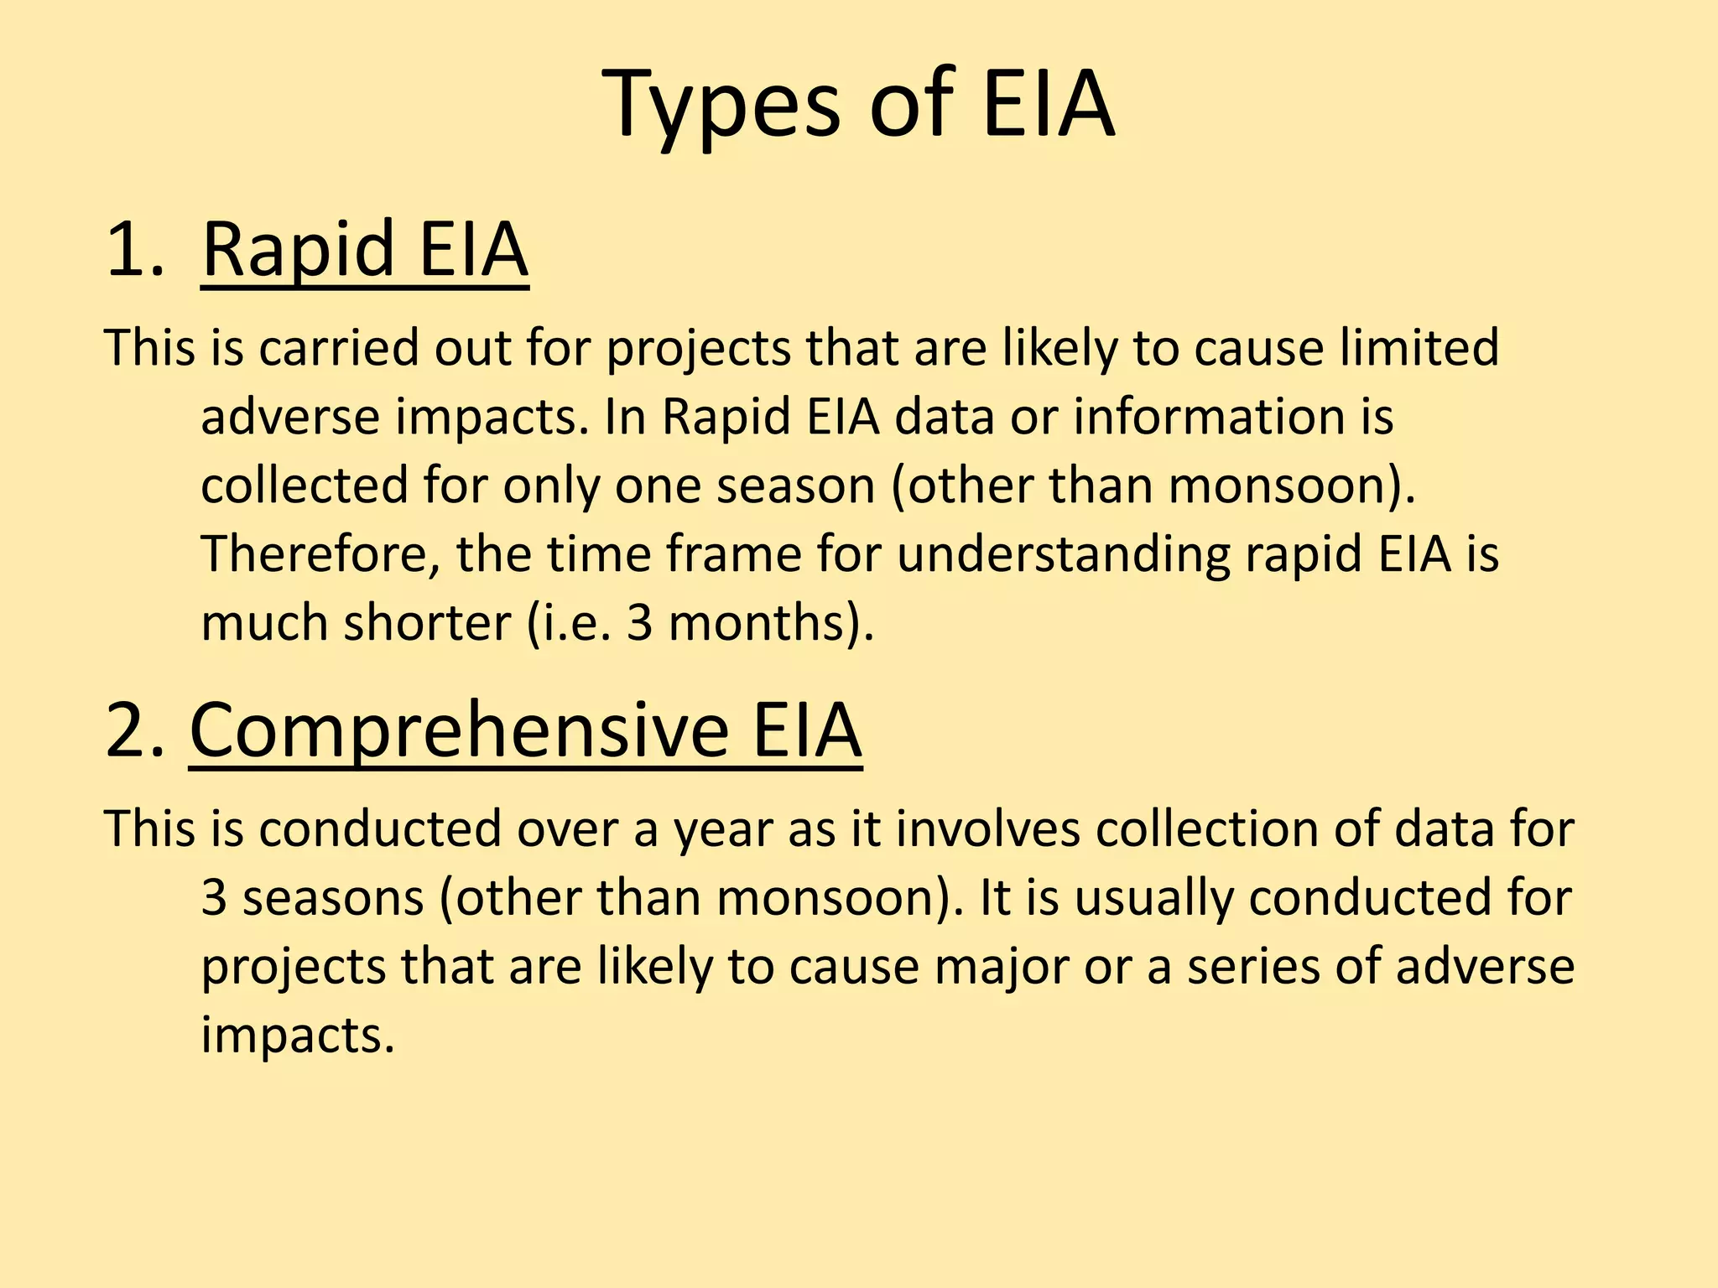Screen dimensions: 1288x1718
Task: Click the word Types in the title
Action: tap(721, 106)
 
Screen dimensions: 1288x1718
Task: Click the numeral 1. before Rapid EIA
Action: tap(134, 250)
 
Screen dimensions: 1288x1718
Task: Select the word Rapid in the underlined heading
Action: tap(298, 250)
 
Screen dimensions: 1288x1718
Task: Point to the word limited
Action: tap(1419, 347)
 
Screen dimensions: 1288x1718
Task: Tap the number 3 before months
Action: tap(639, 623)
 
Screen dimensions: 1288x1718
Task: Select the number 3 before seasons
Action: tap(215, 898)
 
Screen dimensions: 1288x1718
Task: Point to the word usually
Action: tap(1153, 898)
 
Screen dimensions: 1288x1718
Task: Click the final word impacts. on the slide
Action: tap(298, 1036)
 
